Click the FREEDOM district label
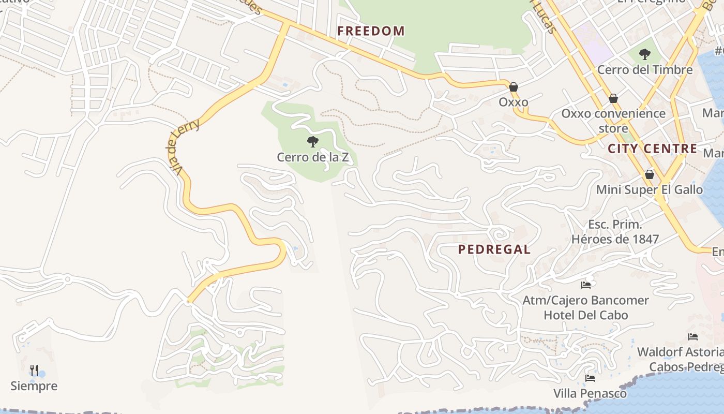(371, 31)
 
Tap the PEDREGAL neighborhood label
(494, 249)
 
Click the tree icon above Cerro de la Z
(312, 141)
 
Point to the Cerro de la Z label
(312, 157)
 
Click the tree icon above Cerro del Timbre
(644, 54)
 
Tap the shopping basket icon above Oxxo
(514, 87)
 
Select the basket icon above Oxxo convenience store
(613, 98)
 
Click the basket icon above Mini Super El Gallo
(649, 174)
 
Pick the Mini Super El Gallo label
(649, 190)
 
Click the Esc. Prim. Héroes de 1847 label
(615, 232)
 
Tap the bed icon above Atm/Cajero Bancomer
(586, 285)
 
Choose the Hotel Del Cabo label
(585, 315)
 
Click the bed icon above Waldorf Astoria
(693, 337)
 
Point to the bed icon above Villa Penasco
(590, 378)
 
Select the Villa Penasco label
(590, 394)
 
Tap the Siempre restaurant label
(34, 386)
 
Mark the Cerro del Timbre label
(644, 70)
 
